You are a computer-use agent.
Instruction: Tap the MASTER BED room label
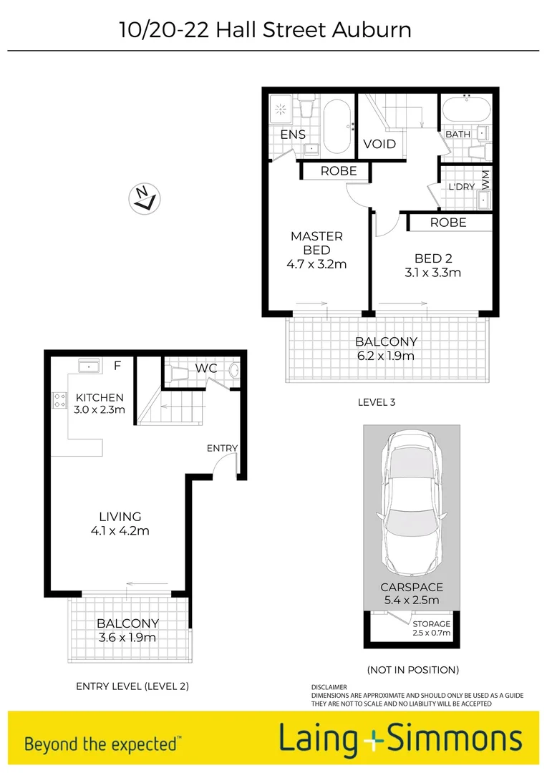(x=316, y=243)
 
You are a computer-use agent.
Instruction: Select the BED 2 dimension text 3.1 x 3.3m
(x=433, y=273)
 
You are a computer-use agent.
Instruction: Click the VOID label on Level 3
(x=379, y=144)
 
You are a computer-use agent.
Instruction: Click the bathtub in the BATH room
(x=466, y=111)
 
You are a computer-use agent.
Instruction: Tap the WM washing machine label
(x=485, y=177)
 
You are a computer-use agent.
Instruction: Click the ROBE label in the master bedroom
(x=339, y=172)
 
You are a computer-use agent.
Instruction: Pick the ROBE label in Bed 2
(x=448, y=223)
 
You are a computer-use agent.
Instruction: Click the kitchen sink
(x=89, y=366)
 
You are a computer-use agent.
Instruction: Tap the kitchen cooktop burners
(x=59, y=400)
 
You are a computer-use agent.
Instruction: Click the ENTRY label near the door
(x=222, y=448)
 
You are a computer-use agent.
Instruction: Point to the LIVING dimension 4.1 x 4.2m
(x=120, y=530)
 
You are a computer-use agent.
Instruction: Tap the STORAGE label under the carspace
(x=432, y=623)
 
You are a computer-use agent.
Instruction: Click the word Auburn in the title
(x=372, y=30)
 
